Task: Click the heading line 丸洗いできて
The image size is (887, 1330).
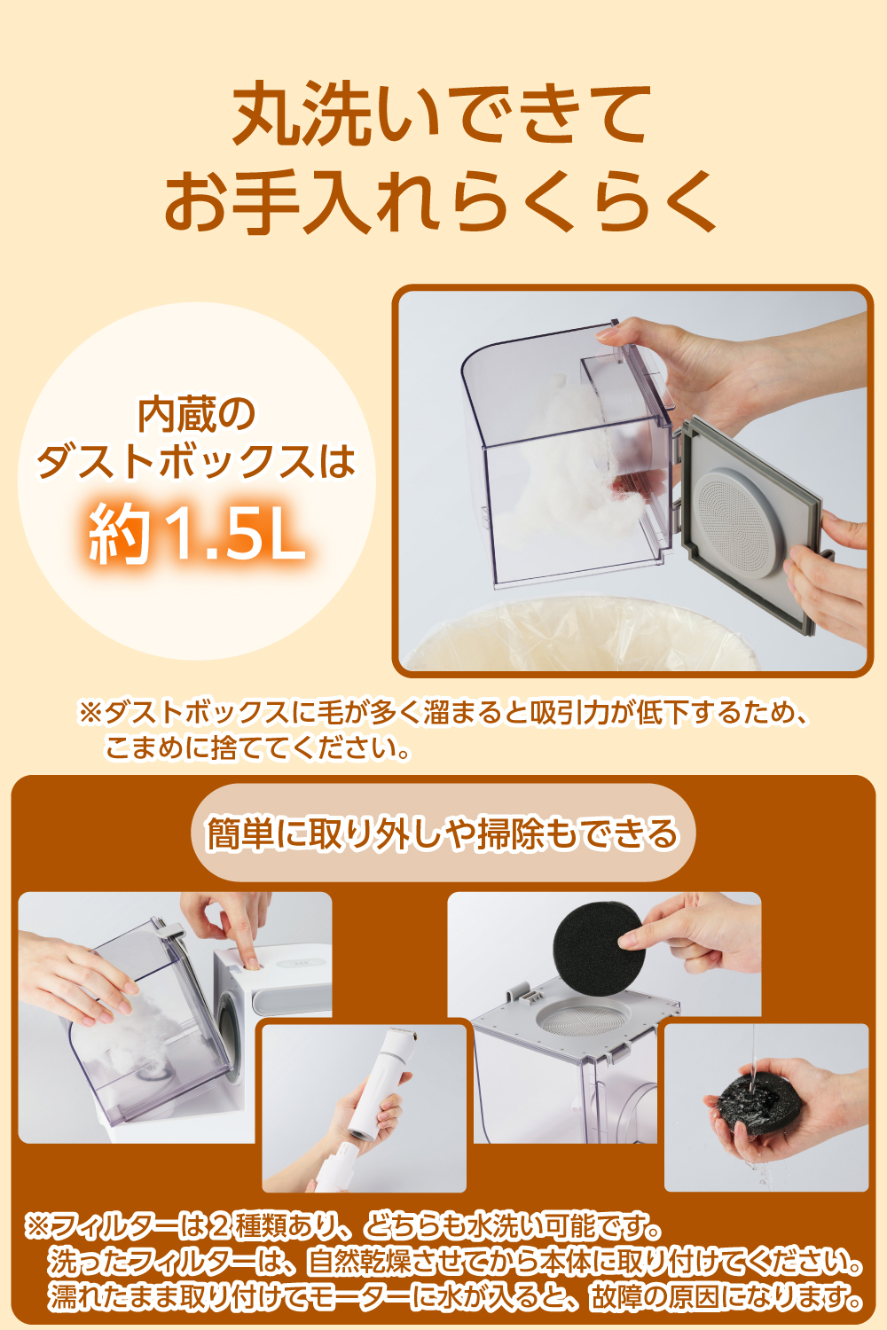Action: [x=442, y=115]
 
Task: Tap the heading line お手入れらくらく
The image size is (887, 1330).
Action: [x=440, y=202]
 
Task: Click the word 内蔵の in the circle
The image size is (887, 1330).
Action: [x=197, y=415]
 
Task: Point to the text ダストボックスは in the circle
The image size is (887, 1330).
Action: [x=196, y=462]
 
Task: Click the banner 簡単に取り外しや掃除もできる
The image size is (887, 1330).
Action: [x=443, y=833]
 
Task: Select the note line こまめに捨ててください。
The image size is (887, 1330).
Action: [x=257, y=748]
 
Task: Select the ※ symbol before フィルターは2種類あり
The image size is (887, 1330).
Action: [x=36, y=1227]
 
